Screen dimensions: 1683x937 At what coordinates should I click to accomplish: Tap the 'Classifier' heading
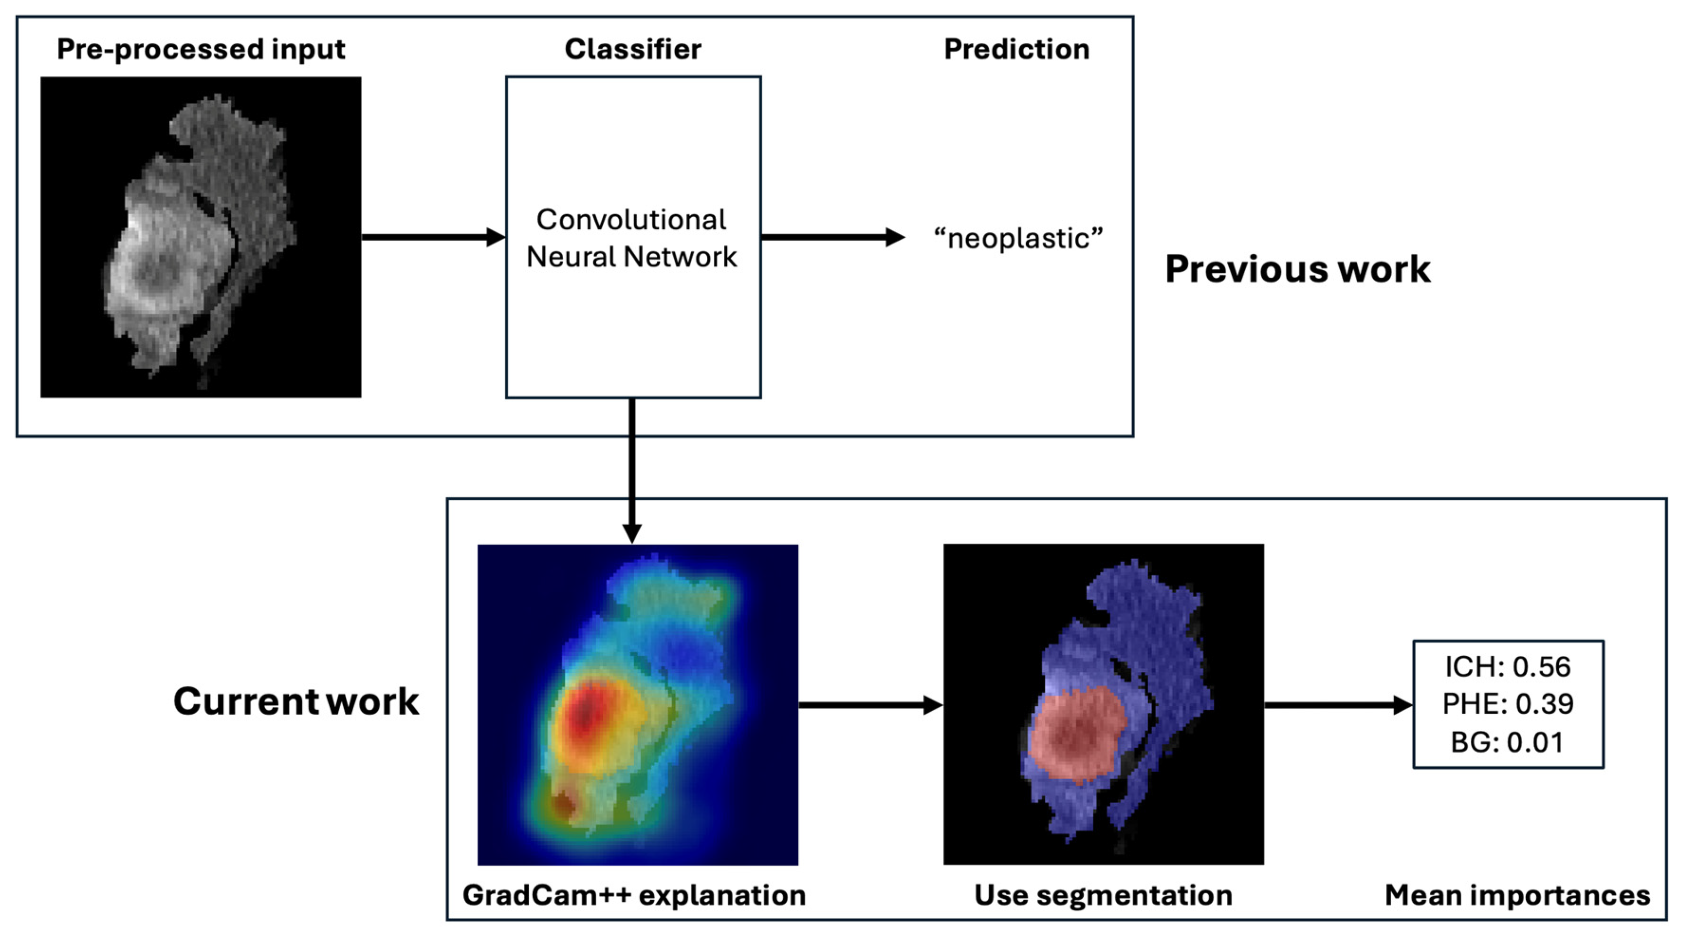(633, 49)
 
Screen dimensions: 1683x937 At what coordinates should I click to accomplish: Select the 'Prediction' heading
(1017, 49)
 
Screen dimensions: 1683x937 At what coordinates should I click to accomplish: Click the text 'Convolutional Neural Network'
(632, 238)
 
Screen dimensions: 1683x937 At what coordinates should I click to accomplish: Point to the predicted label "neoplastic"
(1018, 238)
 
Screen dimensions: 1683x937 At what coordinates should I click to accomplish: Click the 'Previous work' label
(1297, 269)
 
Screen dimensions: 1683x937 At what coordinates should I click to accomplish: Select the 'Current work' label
(296, 701)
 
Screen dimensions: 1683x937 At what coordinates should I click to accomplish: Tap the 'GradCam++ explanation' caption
(634, 895)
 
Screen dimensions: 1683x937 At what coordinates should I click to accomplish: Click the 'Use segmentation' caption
(1103, 895)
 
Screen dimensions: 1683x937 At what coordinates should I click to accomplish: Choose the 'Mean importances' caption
(1517, 895)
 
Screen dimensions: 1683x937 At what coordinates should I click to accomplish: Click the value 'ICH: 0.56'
(1508, 666)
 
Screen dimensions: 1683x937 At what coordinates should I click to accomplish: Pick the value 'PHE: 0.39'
(1508, 704)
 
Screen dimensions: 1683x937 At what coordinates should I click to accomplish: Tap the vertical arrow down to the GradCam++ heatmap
(632, 470)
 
